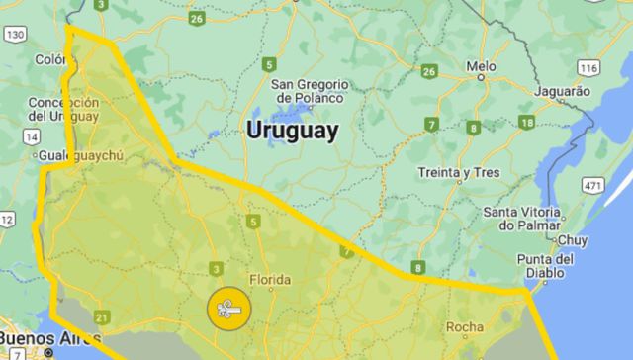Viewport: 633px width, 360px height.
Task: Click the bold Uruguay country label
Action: point(292,131)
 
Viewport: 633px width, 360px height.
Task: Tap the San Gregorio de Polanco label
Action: point(309,90)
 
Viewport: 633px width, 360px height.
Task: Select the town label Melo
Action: point(482,68)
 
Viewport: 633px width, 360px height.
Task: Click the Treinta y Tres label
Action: point(457,172)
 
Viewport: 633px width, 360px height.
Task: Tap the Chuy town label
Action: point(573,240)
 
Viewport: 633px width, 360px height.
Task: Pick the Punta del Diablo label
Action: point(544,266)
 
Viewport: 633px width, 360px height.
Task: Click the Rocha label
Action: point(465,326)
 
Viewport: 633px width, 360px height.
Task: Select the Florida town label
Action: point(269,279)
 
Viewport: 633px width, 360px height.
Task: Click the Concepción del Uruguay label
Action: point(63,109)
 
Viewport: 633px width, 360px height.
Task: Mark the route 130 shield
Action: point(14,34)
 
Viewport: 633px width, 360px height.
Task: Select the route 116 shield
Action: point(590,68)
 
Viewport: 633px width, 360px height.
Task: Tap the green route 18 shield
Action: point(526,123)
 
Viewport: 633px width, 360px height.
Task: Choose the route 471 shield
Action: point(593,185)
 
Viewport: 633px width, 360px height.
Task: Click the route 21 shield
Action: point(102,317)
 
